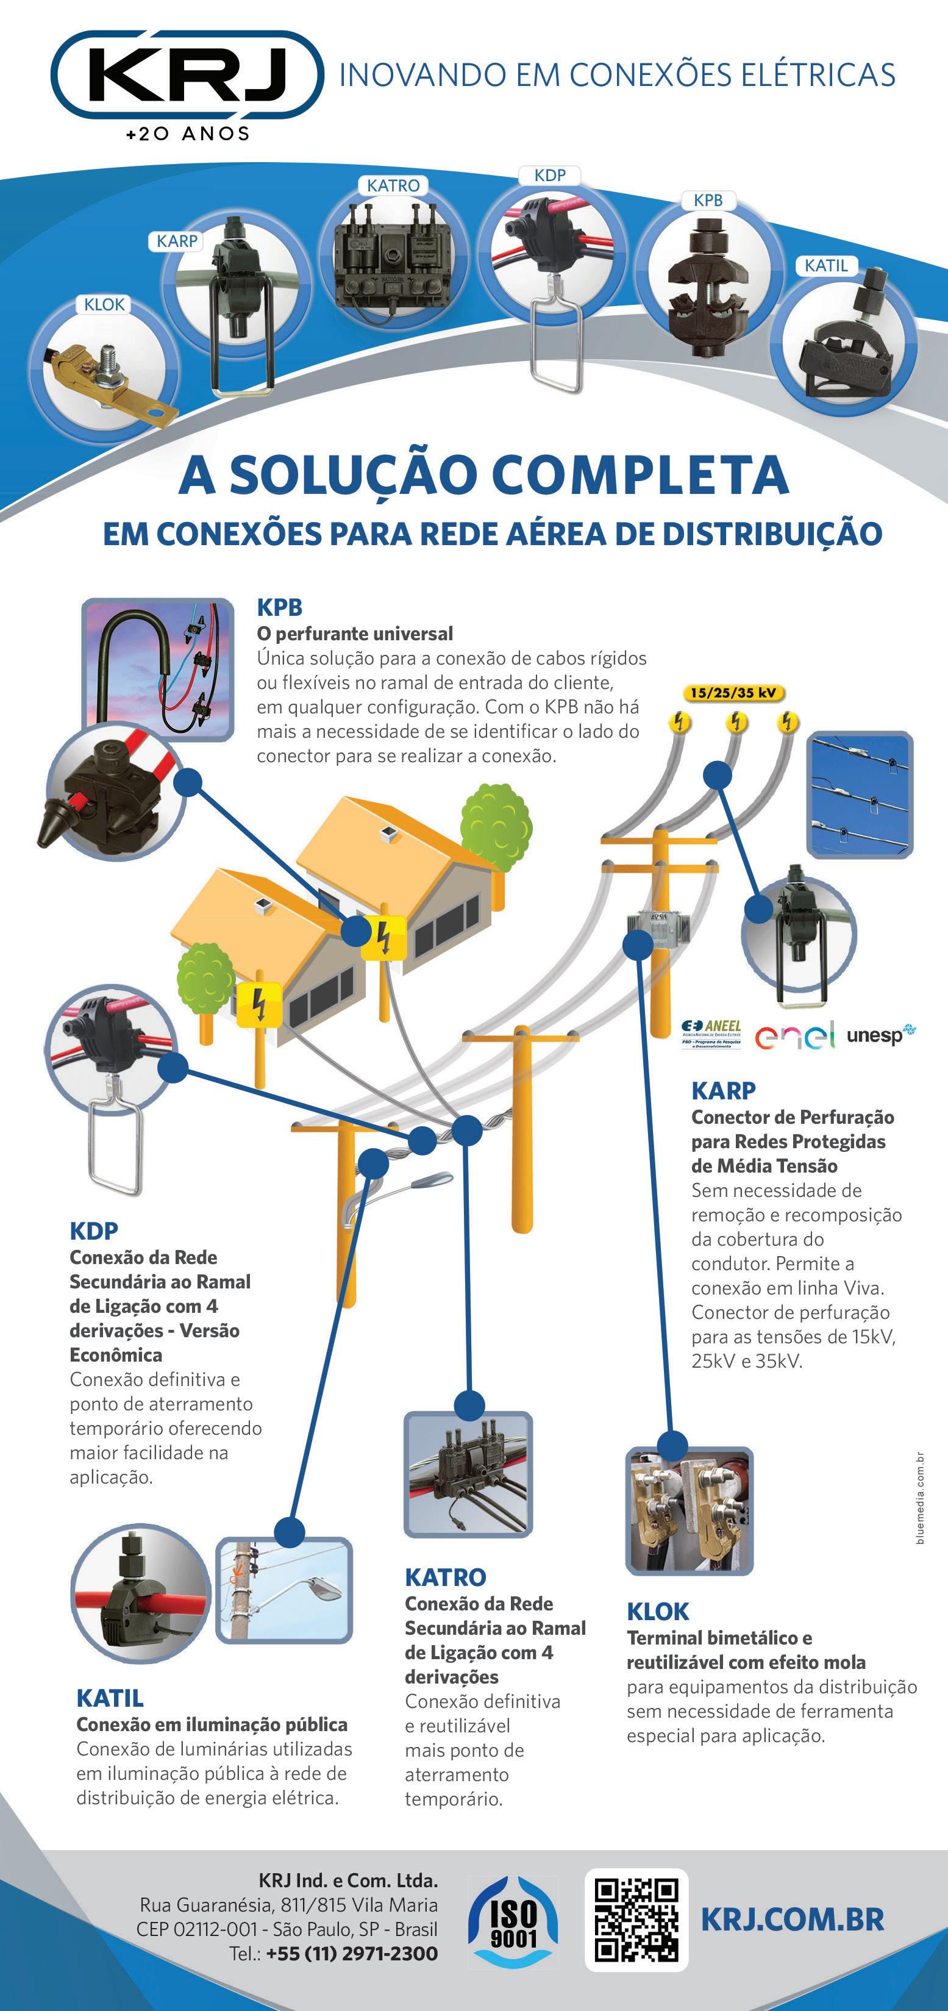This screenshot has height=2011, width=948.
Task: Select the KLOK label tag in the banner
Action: (x=104, y=304)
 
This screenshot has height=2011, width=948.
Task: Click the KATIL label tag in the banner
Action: (x=826, y=265)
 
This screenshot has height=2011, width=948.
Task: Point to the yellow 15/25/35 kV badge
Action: (x=733, y=693)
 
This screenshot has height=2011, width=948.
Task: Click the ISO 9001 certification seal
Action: (x=513, y=1922)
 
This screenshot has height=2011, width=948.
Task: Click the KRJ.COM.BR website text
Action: (x=793, y=1920)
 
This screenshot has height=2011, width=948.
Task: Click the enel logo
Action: (x=794, y=1035)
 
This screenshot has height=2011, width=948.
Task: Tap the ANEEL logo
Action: (x=711, y=1034)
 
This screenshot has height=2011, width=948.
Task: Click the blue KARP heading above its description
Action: (x=723, y=1091)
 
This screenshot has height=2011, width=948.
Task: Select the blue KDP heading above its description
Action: (x=94, y=1231)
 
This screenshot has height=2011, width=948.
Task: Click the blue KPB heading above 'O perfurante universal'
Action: (x=279, y=607)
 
